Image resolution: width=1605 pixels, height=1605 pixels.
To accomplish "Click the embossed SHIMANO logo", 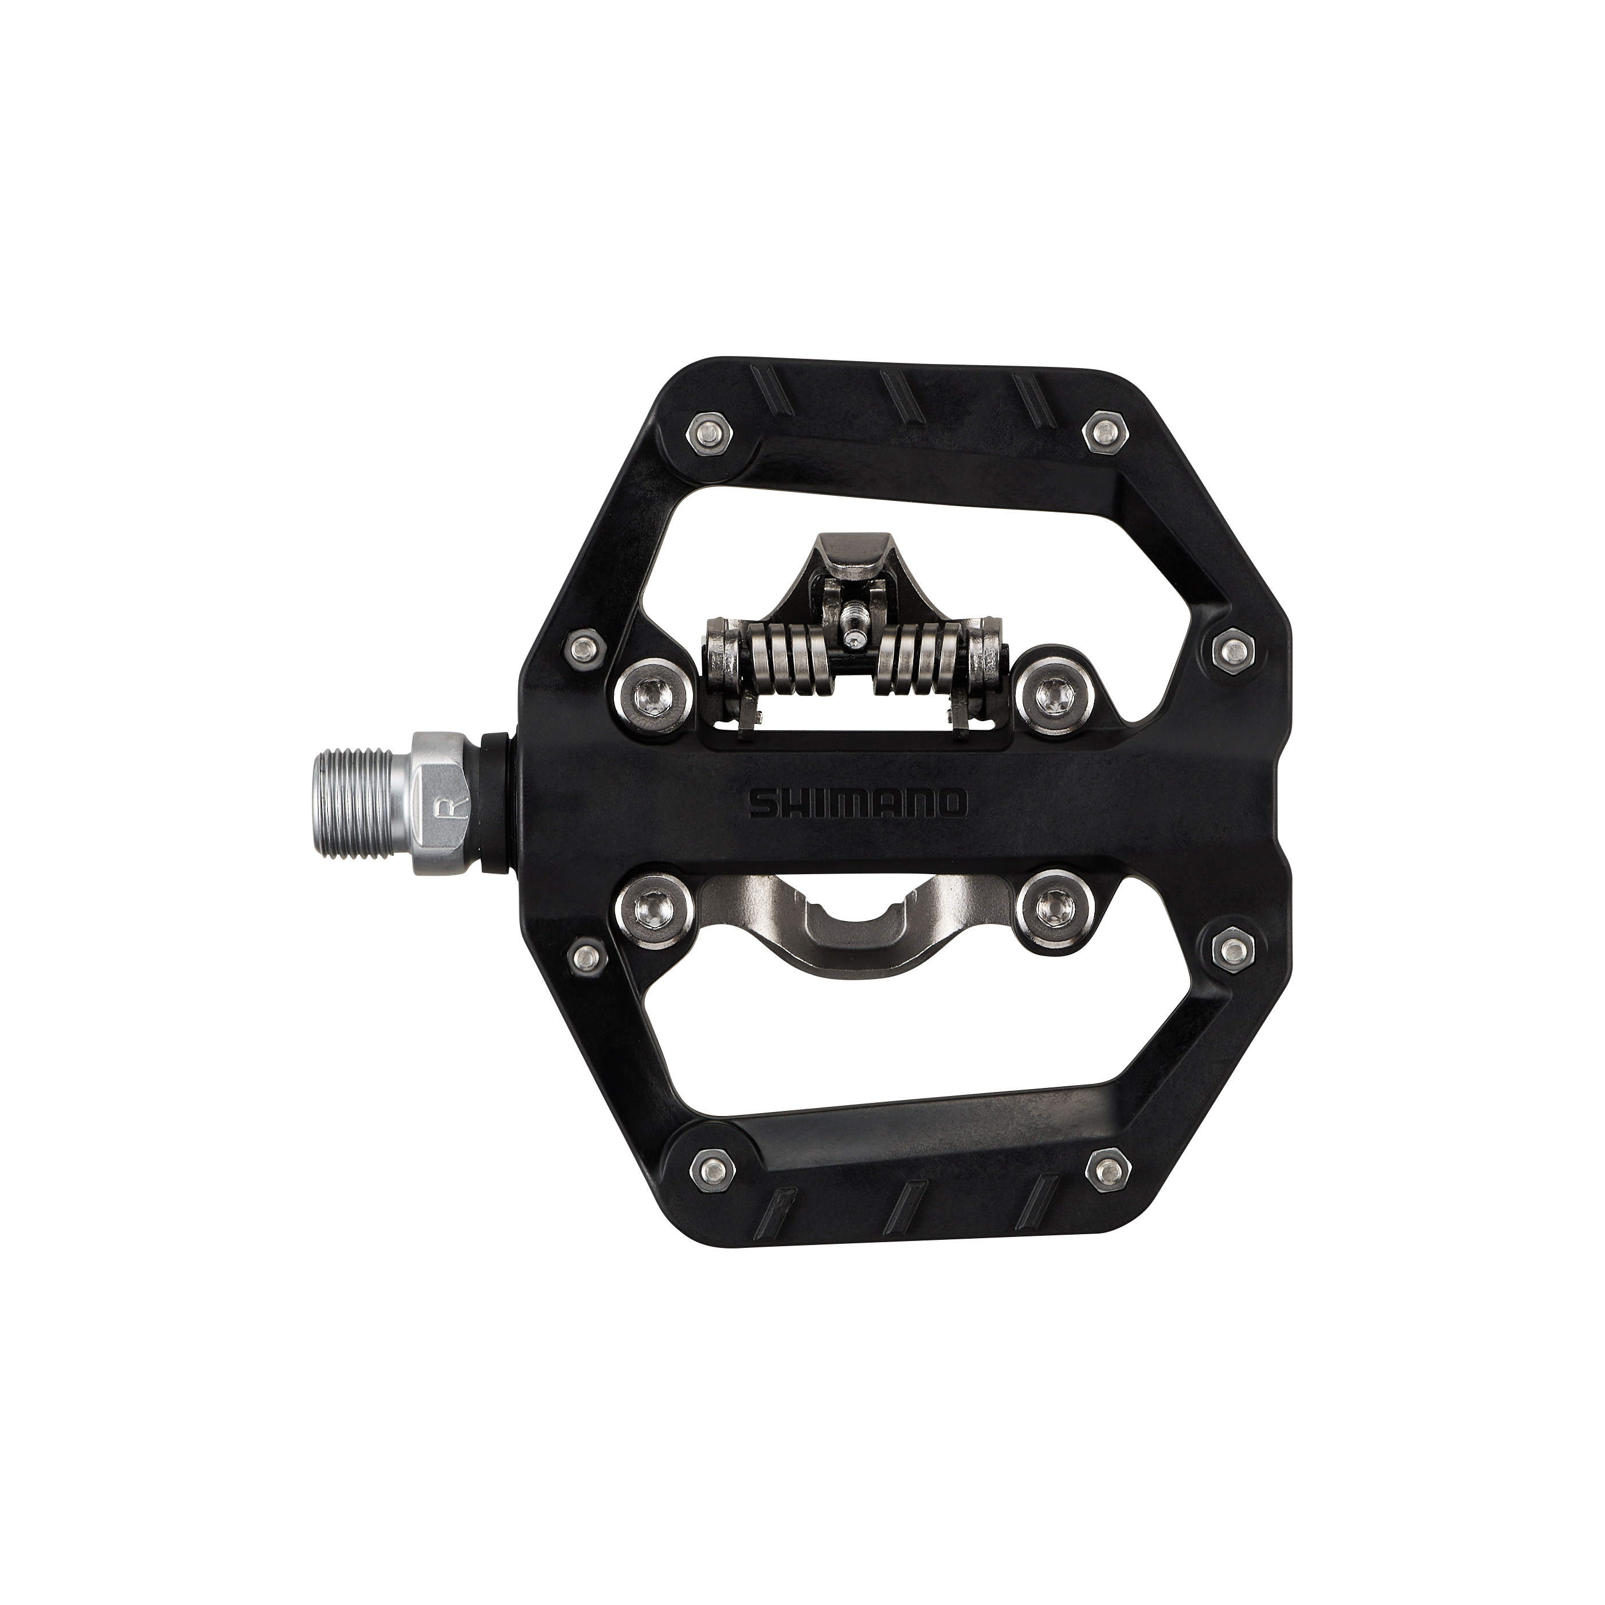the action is pyautogui.click(x=858, y=803).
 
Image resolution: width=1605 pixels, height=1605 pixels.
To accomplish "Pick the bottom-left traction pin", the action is pyautogui.click(x=710, y=1171).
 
